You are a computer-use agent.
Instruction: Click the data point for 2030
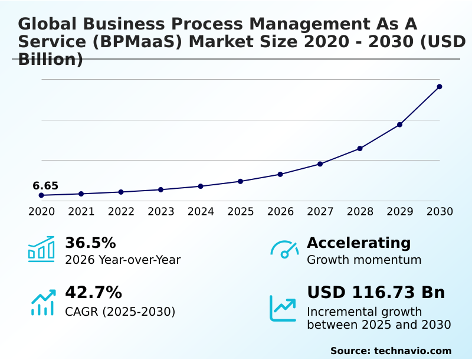click(440, 87)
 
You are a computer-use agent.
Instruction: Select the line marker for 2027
click(320, 164)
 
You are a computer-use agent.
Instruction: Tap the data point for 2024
click(201, 186)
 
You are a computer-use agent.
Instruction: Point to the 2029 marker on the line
click(399, 125)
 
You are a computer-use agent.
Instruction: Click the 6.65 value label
click(45, 186)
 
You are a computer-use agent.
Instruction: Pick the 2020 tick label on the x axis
click(41, 211)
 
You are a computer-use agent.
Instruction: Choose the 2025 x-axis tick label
click(241, 211)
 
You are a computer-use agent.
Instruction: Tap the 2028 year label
click(360, 211)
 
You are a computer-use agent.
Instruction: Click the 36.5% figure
click(90, 243)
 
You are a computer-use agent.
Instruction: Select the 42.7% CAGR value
click(93, 293)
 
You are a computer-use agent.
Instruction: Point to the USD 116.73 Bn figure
click(376, 293)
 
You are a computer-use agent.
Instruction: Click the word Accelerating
click(359, 243)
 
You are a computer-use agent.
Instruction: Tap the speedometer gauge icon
click(284, 250)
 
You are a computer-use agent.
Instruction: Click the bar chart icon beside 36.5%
click(41, 249)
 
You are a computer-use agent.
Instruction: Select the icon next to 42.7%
click(42, 302)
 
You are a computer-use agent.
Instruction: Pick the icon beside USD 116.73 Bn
click(283, 308)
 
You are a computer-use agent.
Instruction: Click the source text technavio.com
click(412, 351)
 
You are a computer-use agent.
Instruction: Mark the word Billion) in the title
click(51, 60)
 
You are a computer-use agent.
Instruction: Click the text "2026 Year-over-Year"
click(123, 260)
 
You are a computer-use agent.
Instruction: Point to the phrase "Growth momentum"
click(364, 260)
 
